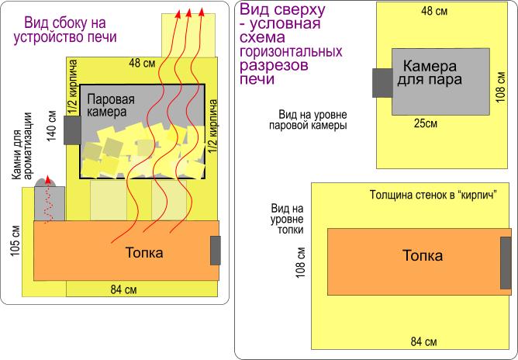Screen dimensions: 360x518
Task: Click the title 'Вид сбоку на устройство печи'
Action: click(x=65, y=29)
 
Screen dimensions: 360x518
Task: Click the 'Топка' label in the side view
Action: click(x=144, y=253)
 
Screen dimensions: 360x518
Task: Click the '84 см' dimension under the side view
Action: click(x=124, y=290)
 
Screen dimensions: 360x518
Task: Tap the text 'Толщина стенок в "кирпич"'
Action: click(x=433, y=192)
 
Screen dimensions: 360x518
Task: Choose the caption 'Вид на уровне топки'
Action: click(x=286, y=220)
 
